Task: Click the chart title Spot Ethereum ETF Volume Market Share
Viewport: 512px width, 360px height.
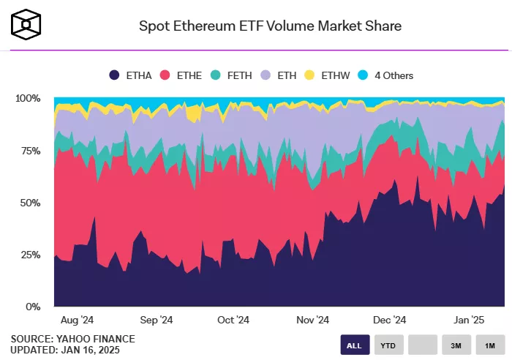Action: pos(270,26)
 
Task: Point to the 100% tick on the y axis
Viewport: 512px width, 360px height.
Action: pos(28,98)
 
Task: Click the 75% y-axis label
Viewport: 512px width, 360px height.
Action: pos(30,151)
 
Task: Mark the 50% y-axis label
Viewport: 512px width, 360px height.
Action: pos(30,203)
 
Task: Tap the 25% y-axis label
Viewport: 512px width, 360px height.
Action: pos(30,255)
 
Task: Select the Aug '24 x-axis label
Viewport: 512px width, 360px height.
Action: pos(77,320)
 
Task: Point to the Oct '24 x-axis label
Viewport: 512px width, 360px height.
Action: pos(233,320)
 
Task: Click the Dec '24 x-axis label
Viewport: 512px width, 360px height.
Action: pos(389,320)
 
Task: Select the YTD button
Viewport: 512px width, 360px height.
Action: pos(388,345)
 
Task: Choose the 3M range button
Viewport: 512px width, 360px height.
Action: pos(456,345)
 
